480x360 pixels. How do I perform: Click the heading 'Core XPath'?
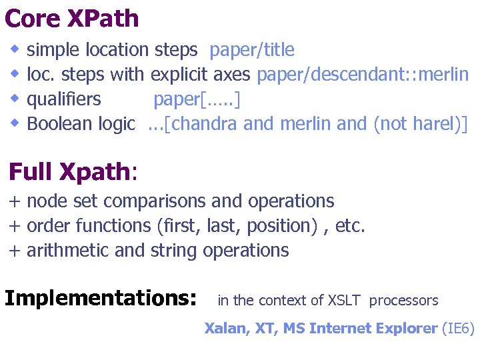[71, 18]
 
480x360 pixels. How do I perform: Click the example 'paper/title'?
[252, 50]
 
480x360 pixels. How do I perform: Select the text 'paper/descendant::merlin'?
[363, 75]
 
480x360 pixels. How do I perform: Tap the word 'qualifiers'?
[64, 99]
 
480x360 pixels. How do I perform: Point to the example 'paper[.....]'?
[197, 99]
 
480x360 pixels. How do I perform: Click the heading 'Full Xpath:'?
[73, 172]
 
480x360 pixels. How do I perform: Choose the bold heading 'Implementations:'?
[101, 297]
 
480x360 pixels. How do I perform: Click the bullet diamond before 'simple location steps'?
[15, 49]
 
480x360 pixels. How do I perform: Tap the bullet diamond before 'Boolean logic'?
[15, 123]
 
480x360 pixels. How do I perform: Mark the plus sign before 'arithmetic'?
[14, 251]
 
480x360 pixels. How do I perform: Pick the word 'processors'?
[403, 301]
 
